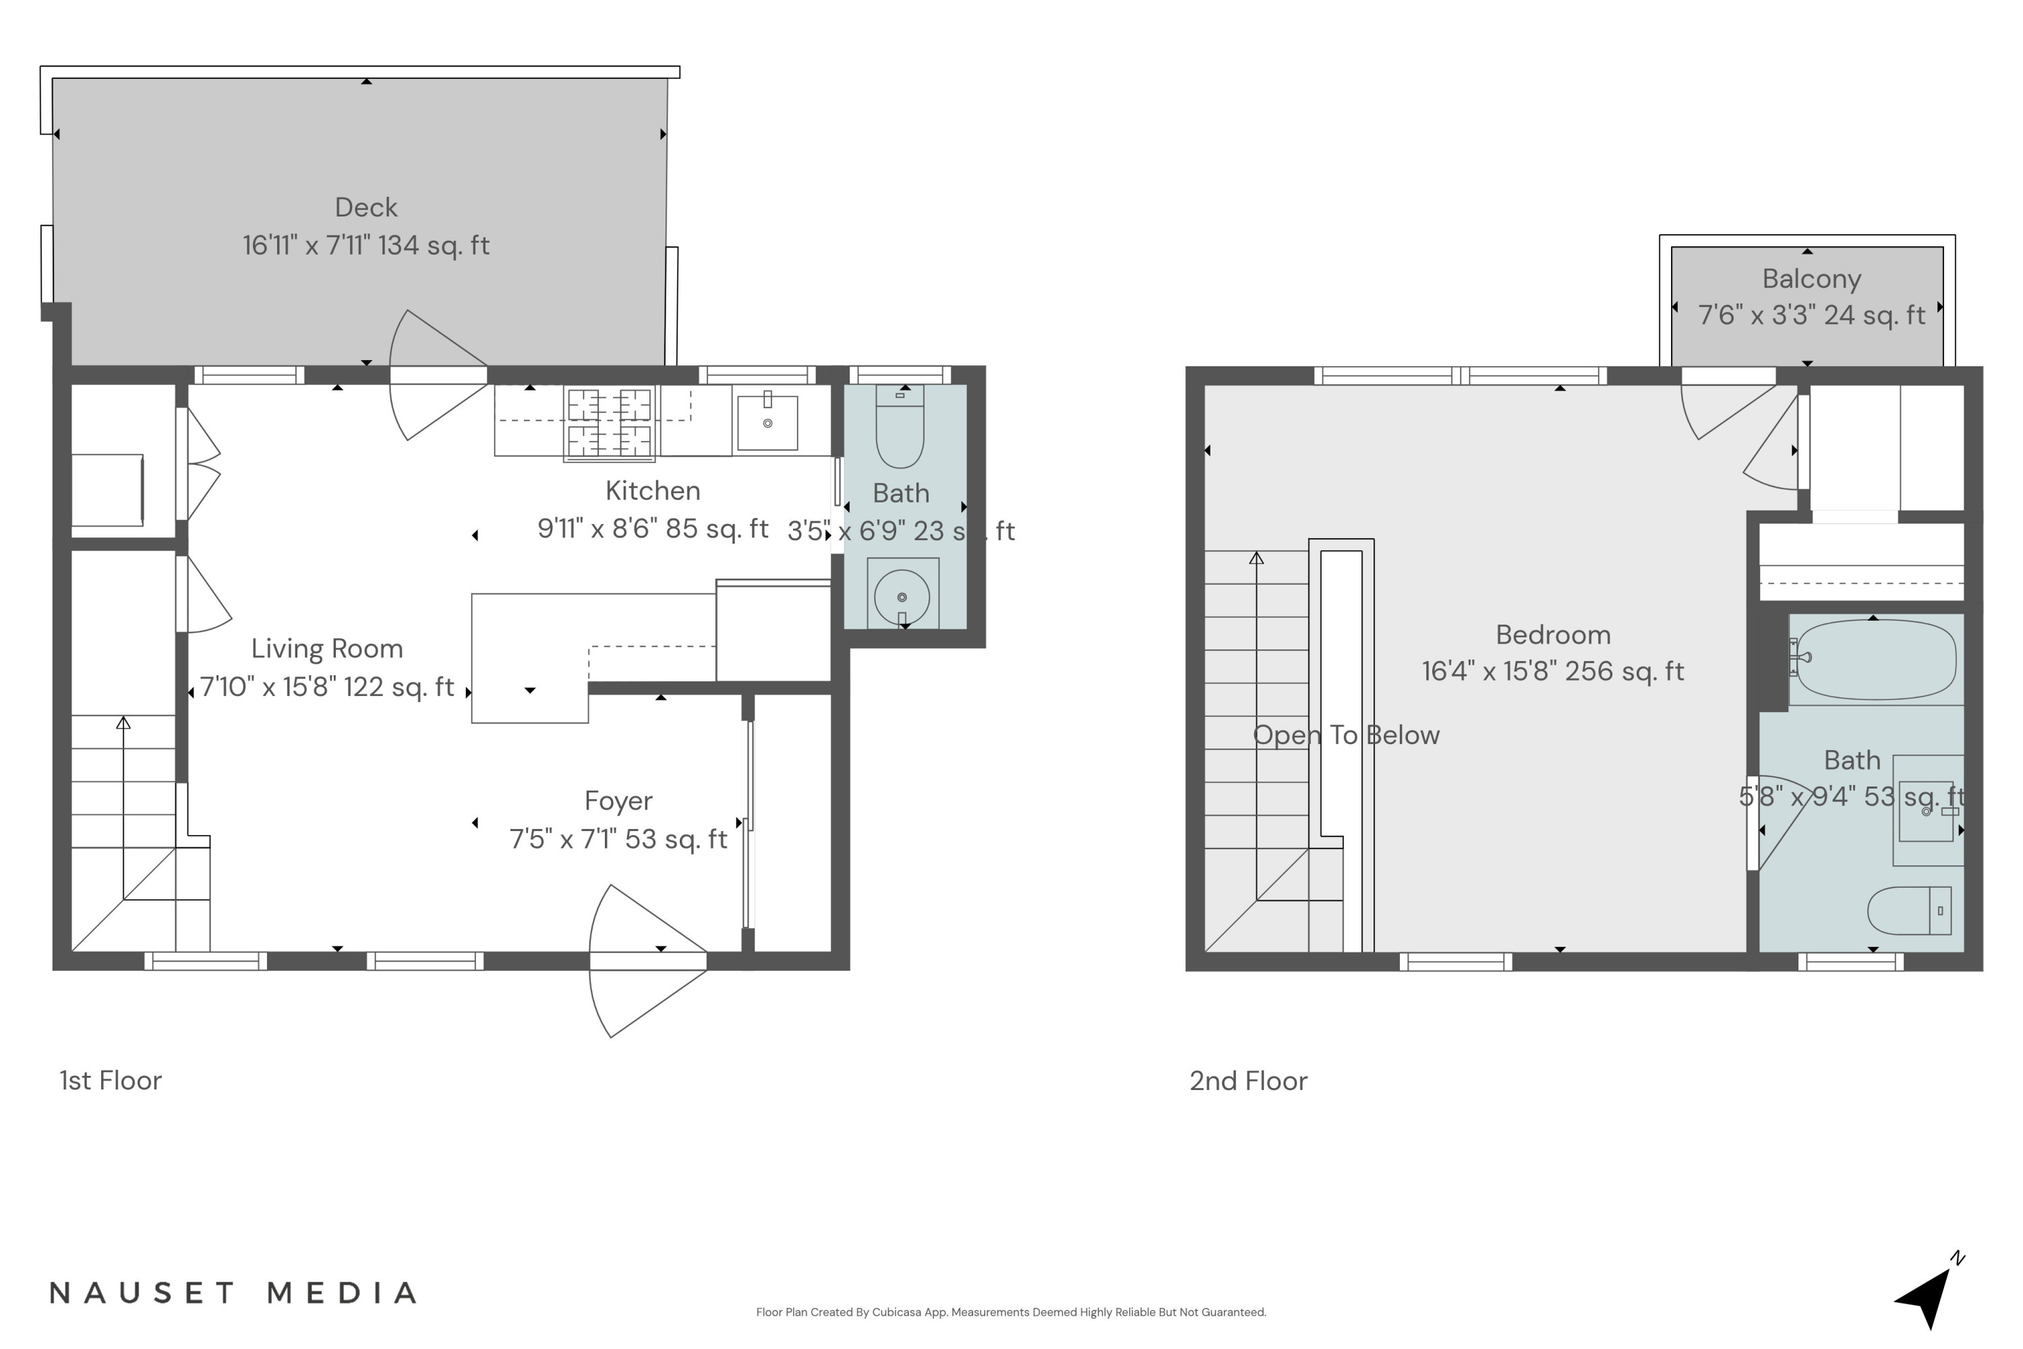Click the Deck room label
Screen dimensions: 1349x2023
(x=365, y=207)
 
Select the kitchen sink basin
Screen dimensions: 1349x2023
(x=767, y=422)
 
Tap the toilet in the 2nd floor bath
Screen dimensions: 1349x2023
(x=1910, y=910)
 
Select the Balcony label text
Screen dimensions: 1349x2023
(x=1811, y=279)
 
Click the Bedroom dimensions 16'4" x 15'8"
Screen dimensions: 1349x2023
(x=1552, y=671)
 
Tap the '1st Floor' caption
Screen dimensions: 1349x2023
(x=110, y=1081)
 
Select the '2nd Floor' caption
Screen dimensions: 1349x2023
(x=1248, y=1081)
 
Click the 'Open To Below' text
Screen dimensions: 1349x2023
(x=1345, y=735)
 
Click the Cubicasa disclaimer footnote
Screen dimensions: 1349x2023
(x=1011, y=1312)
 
